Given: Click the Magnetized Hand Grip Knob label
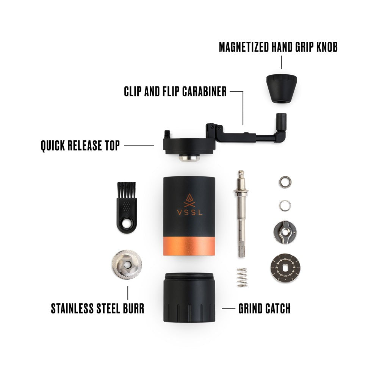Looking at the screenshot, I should point(278,47).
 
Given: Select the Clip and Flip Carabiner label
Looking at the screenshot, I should point(175,91).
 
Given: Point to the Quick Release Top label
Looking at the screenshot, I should point(80,145).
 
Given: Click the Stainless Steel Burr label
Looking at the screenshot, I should point(97,308).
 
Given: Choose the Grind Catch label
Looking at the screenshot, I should point(264,308).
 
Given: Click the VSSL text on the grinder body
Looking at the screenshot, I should point(189,212).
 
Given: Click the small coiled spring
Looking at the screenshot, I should point(242,277).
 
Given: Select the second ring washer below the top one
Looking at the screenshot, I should point(285,206).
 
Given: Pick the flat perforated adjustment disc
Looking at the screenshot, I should point(286,268).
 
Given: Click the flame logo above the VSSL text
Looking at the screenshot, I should point(189,199).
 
